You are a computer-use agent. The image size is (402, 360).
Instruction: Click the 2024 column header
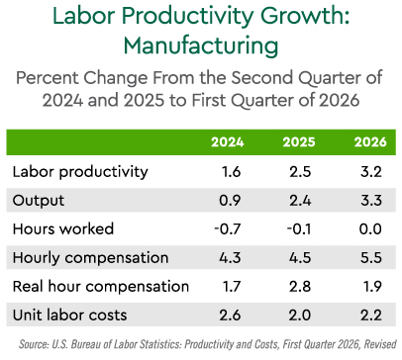click(x=228, y=142)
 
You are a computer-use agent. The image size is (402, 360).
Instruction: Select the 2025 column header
click(x=299, y=142)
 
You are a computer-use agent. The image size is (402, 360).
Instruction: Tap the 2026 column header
click(x=370, y=142)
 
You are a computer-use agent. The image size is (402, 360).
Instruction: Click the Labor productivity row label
click(x=80, y=172)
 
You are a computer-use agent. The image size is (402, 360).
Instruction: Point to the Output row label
click(x=39, y=201)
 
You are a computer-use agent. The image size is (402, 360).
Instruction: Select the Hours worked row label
click(x=63, y=228)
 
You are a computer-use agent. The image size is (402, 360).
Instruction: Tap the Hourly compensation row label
click(x=90, y=258)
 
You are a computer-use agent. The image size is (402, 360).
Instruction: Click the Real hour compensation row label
click(x=101, y=286)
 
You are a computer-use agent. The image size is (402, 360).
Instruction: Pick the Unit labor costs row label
click(x=69, y=315)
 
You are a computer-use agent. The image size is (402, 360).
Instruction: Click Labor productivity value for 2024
click(x=232, y=172)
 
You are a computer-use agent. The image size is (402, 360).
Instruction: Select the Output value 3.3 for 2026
click(x=371, y=201)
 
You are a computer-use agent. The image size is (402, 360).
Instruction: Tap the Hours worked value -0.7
click(x=228, y=229)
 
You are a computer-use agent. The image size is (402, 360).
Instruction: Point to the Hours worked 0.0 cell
click(x=370, y=229)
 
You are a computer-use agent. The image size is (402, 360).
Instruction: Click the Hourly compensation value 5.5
click(x=371, y=258)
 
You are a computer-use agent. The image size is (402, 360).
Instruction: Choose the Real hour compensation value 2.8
click(x=300, y=287)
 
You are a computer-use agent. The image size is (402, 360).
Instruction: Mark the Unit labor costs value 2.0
click(x=300, y=315)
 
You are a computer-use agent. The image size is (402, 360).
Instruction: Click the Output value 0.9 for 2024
click(x=230, y=201)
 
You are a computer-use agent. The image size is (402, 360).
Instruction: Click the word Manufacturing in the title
click(x=201, y=45)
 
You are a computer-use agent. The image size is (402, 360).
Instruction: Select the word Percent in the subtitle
click(x=48, y=78)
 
